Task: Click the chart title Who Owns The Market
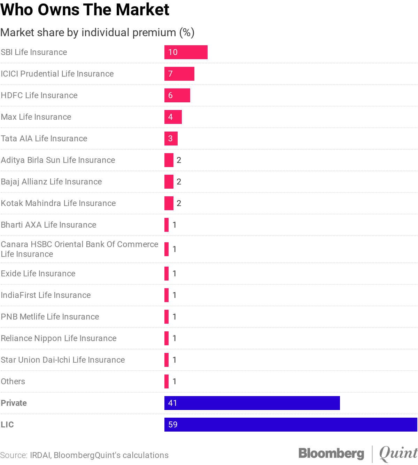click(x=85, y=10)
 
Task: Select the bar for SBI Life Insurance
click(x=186, y=52)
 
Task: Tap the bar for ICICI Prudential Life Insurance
click(x=179, y=74)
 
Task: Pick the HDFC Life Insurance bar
click(x=177, y=95)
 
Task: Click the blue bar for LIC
click(x=291, y=425)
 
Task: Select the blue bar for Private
click(x=252, y=403)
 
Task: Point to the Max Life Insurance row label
click(x=36, y=117)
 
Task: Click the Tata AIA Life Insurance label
click(x=44, y=139)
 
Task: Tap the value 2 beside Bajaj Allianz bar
click(x=179, y=182)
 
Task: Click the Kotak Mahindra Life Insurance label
click(x=58, y=203)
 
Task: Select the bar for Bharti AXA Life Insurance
click(x=167, y=225)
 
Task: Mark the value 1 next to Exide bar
click(x=175, y=274)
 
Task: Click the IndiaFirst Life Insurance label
click(x=46, y=295)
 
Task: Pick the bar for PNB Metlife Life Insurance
click(x=167, y=317)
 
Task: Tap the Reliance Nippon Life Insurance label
click(x=59, y=338)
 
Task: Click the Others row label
click(x=13, y=381)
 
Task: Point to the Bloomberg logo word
click(x=331, y=453)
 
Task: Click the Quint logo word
click(x=398, y=453)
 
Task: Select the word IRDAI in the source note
click(x=40, y=455)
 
